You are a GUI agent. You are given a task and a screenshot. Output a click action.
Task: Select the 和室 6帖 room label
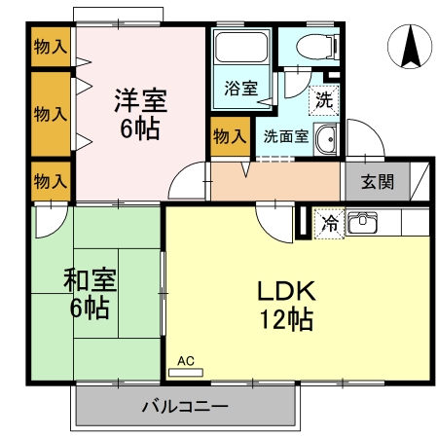pyautogui.click(x=91, y=295)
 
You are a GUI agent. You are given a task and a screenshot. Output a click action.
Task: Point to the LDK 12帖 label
pyautogui.click(x=285, y=304)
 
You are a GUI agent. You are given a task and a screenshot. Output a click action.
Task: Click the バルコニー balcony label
pyautogui.click(x=184, y=406)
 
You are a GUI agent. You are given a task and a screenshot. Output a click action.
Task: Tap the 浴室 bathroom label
pyautogui.click(x=240, y=89)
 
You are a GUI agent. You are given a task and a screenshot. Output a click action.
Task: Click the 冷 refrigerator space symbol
pyautogui.click(x=330, y=224)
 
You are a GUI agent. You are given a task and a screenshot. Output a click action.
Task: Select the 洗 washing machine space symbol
pyautogui.click(x=322, y=97)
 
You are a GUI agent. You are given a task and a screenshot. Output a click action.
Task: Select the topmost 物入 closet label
pyautogui.click(x=50, y=47)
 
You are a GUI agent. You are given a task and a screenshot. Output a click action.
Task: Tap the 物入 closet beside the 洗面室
pyautogui.click(x=229, y=136)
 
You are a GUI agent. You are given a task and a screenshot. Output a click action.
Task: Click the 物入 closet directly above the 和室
pyautogui.click(x=50, y=180)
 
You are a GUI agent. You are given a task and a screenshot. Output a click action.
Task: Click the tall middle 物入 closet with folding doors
pyautogui.click(x=50, y=113)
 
